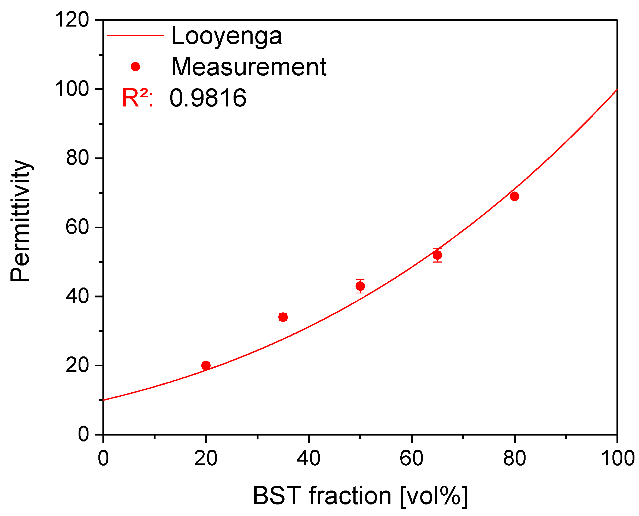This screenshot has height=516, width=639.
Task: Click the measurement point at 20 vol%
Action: (x=206, y=365)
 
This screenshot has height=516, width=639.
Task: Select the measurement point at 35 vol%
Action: (x=283, y=317)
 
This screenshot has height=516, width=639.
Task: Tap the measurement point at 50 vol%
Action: (x=360, y=286)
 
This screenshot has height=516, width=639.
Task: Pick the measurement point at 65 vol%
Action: (x=437, y=255)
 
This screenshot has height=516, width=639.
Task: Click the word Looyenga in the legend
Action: (x=227, y=36)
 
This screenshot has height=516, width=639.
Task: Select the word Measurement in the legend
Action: (x=249, y=67)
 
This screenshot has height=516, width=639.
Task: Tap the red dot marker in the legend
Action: (x=135, y=67)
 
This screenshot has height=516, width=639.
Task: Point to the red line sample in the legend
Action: (x=135, y=36)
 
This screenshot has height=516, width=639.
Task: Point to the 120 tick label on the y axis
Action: (x=72, y=20)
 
